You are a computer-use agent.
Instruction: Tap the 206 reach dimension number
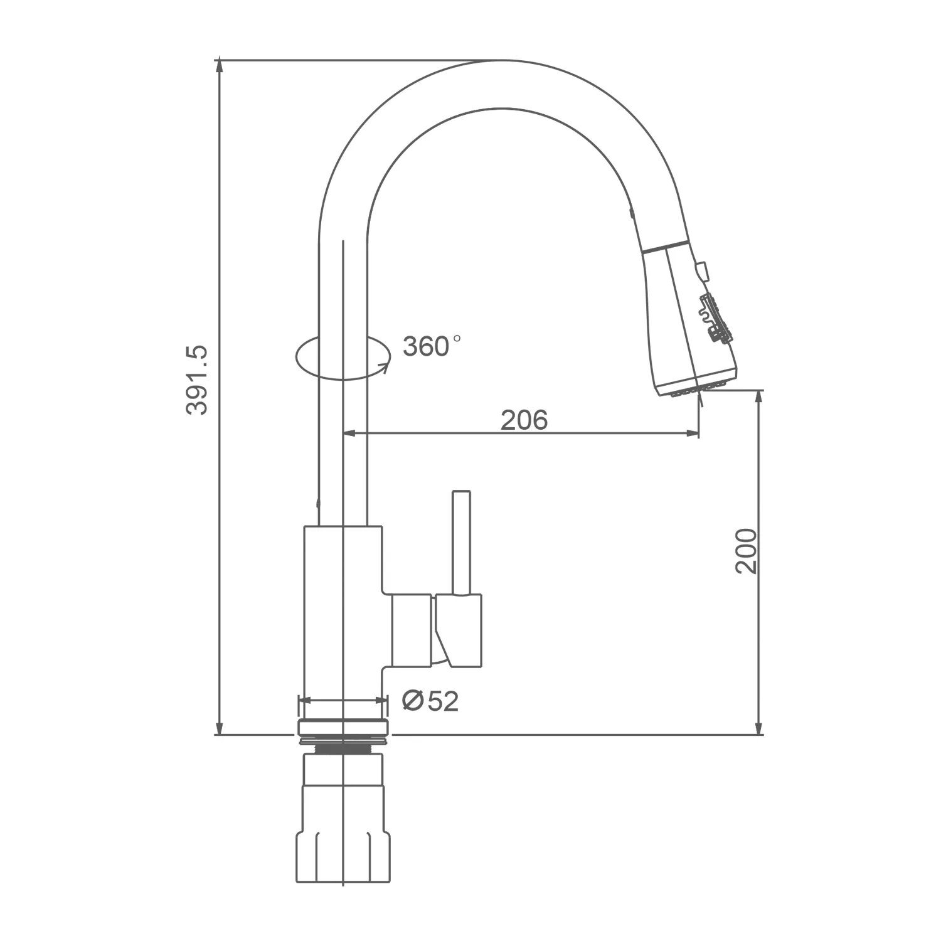(x=524, y=420)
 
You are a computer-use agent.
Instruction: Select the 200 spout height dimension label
(x=746, y=551)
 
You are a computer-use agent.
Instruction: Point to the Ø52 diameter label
(x=430, y=701)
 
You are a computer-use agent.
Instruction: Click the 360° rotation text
(x=432, y=346)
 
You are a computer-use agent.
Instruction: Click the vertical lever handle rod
(x=462, y=542)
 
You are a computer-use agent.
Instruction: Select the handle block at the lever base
(x=459, y=630)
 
